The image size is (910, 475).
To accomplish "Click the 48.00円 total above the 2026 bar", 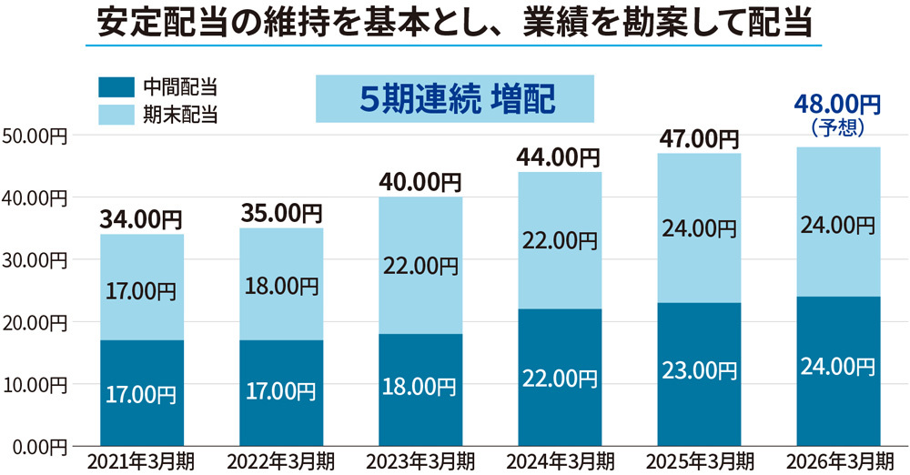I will click(x=836, y=106).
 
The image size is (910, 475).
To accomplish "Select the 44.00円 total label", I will click(x=558, y=157).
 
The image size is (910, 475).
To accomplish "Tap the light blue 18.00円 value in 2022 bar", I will click(x=279, y=286).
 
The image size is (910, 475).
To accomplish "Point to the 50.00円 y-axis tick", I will click(x=34, y=136).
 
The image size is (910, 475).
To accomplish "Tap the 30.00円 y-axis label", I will click(x=34, y=260).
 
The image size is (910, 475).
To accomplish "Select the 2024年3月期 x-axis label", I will click(x=558, y=460).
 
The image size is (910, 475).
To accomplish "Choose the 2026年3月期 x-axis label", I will click(x=837, y=460).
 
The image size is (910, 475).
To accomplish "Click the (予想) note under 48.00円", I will click(x=836, y=127).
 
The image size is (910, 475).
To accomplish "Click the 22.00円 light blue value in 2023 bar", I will click(x=419, y=267).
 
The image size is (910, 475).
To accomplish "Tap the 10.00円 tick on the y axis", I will click(x=34, y=384).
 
